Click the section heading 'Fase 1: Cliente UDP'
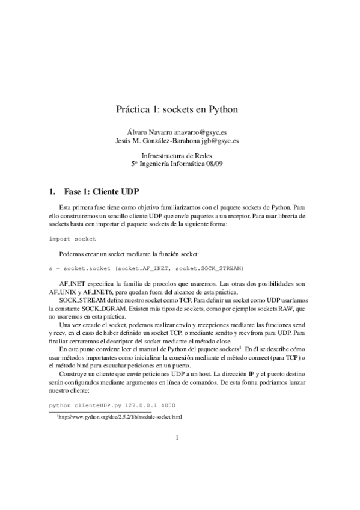(x=101, y=192)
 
